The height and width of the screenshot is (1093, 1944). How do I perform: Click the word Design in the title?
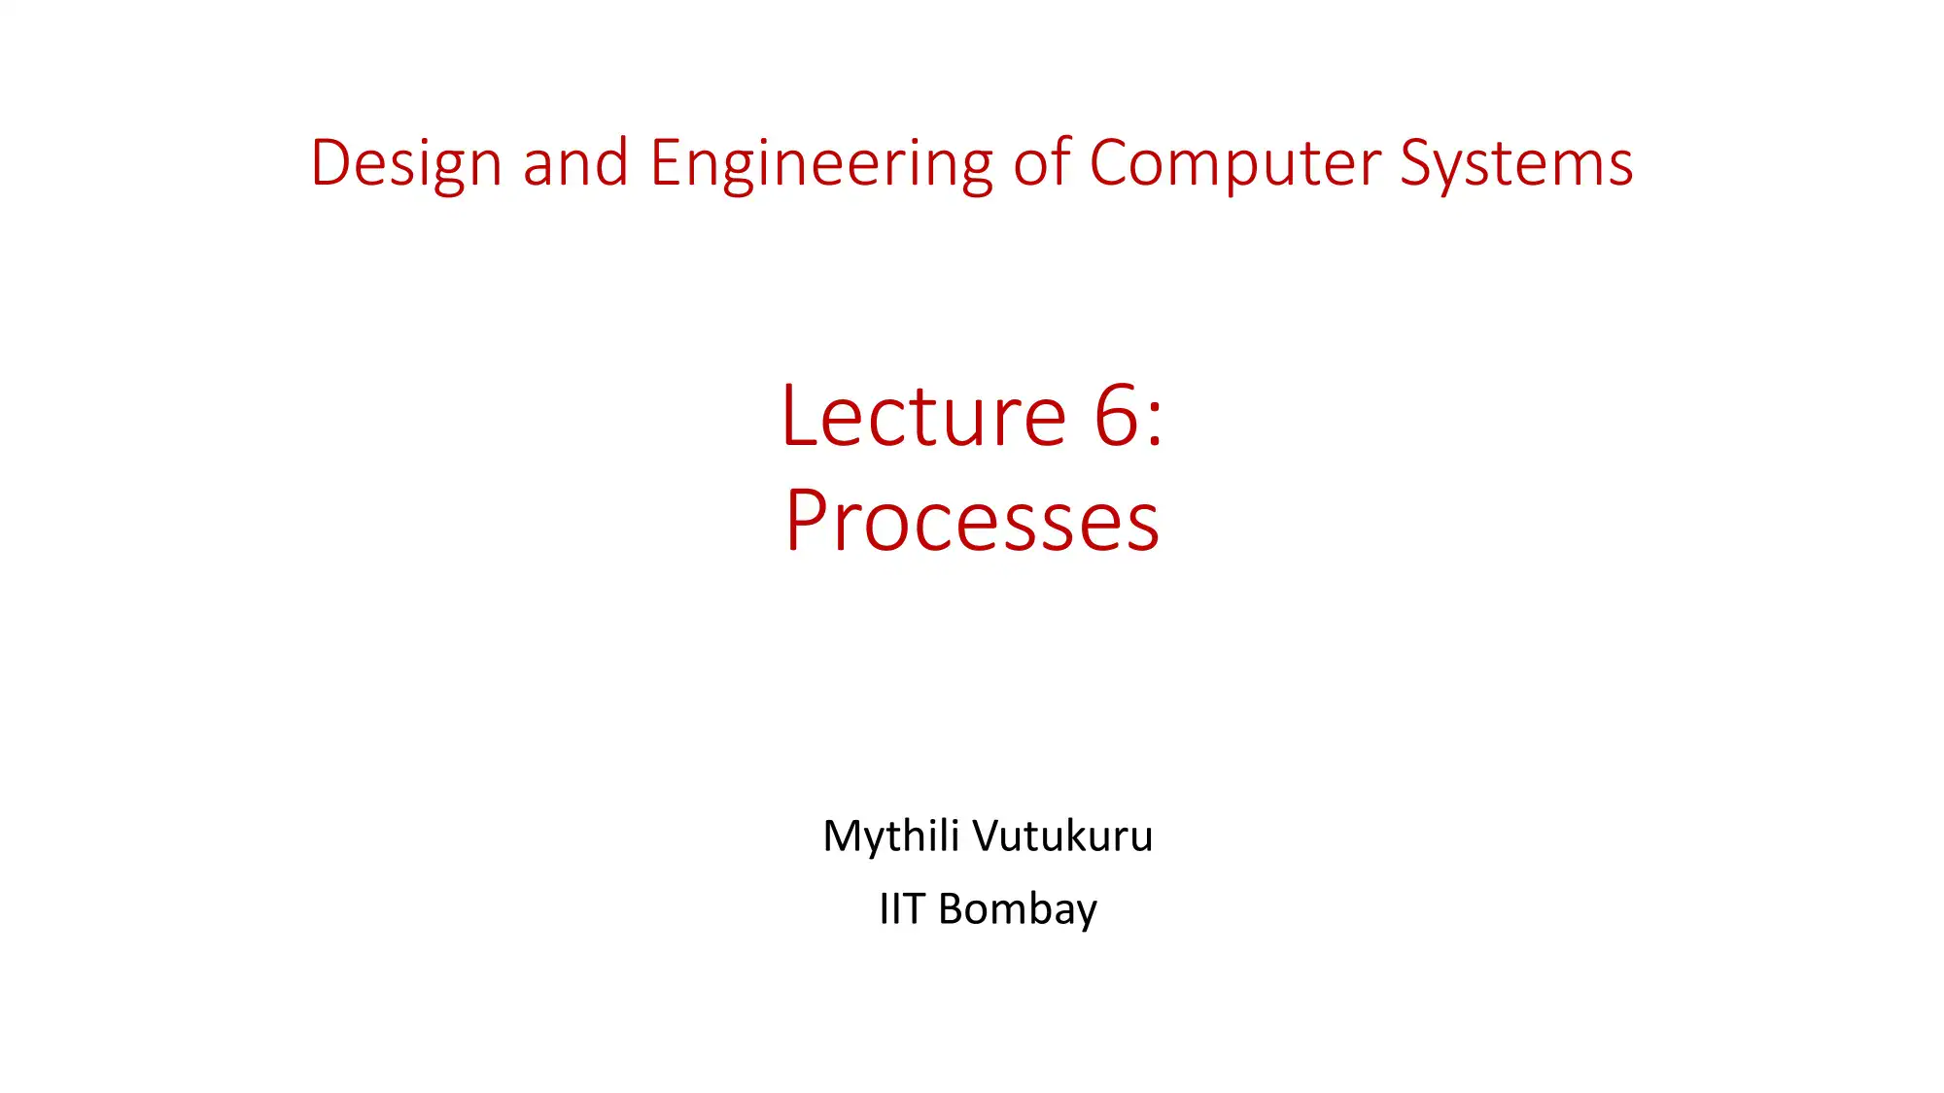(x=405, y=163)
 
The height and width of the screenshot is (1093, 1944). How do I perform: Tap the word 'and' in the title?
(x=575, y=163)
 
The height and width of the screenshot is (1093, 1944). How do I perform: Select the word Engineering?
(x=821, y=163)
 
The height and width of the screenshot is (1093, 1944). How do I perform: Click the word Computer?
(x=1234, y=163)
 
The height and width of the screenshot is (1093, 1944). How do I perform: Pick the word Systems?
(x=1516, y=163)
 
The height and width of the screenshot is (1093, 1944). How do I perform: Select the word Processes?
(x=972, y=522)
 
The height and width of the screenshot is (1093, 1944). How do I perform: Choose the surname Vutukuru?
(x=1062, y=837)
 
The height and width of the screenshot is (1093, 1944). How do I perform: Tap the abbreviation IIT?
(x=901, y=909)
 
